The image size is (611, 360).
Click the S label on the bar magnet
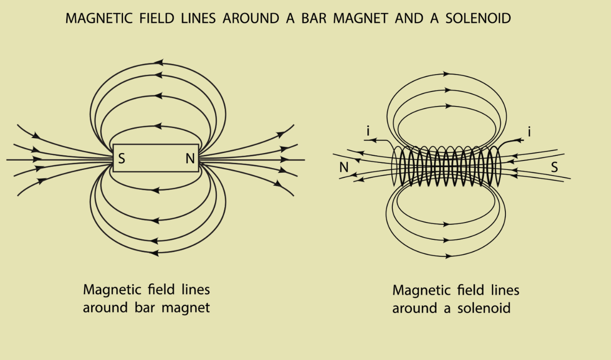click(x=122, y=159)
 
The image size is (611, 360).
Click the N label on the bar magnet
click(x=190, y=159)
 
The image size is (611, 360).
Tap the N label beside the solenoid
click(x=344, y=167)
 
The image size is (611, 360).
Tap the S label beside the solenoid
click(x=554, y=167)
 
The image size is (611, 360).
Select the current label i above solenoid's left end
click(x=368, y=131)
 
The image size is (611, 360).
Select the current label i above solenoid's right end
click(x=529, y=132)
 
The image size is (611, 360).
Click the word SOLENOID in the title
click(x=478, y=18)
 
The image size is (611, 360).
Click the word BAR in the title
click(x=313, y=18)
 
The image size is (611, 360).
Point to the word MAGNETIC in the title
click(x=99, y=18)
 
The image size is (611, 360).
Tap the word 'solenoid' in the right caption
click(x=484, y=308)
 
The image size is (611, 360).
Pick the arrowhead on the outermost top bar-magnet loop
click(x=159, y=62)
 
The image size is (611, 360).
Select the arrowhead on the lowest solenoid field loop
click(x=448, y=256)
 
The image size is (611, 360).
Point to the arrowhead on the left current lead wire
click(x=373, y=140)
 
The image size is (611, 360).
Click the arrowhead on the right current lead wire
click(x=520, y=140)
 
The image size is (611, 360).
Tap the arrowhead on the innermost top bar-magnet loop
click(x=158, y=126)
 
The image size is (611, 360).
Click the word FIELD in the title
click(x=157, y=18)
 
